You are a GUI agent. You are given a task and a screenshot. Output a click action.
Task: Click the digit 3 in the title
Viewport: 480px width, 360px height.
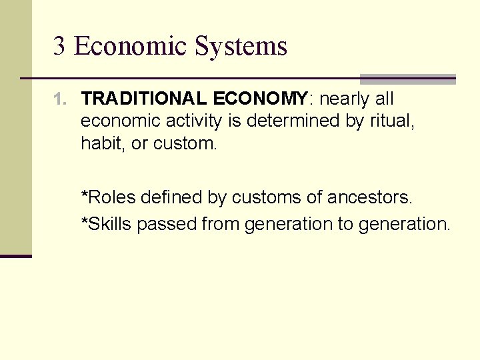click(x=59, y=47)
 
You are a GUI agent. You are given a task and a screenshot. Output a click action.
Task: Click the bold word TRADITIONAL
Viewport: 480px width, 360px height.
click(x=143, y=99)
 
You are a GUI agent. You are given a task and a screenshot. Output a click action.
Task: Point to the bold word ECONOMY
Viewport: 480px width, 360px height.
click(x=260, y=99)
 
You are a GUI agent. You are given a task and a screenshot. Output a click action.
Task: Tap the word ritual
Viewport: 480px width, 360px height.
click(x=395, y=121)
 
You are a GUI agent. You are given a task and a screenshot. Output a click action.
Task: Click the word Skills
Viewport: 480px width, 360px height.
click(x=110, y=224)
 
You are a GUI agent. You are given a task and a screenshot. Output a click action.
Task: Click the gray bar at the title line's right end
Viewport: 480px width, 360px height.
click(x=407, y=79)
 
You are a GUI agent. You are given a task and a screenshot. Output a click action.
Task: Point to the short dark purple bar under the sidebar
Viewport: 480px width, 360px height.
click(x=16, y=256)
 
